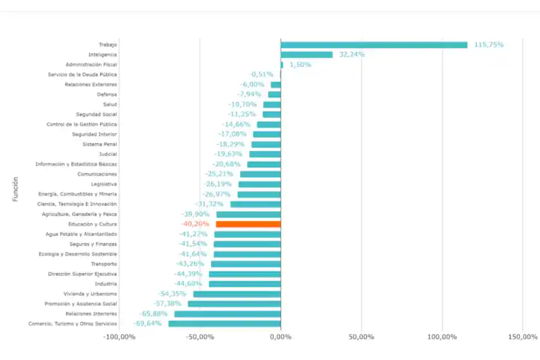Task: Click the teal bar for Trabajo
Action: click(x=373, y=44)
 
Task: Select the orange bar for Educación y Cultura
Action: click(x=248, y=224)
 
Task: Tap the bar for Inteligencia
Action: click(x=306, y=55)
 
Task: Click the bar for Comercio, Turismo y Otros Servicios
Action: click(x=224, y=323)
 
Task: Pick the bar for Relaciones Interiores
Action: click(x=227, y=314)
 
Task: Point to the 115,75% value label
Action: click(x=488, y=44)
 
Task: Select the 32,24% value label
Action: click(x=352, y=55)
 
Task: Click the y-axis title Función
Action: click(x=16, y=188)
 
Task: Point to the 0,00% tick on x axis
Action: click(x=280, y=337)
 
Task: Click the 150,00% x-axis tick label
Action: click(x=522, y=337)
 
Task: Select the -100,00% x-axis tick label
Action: click(x=119, y=337)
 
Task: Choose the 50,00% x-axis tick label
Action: click(x=361, y=337)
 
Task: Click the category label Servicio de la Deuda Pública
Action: click(x=83, y=74)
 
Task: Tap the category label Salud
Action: click(x=110, y=104)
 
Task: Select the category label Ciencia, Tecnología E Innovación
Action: click(x=77, y=204)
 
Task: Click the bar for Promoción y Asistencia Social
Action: click(x=234, y=304)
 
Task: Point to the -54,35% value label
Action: click(x=172, y=293)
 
